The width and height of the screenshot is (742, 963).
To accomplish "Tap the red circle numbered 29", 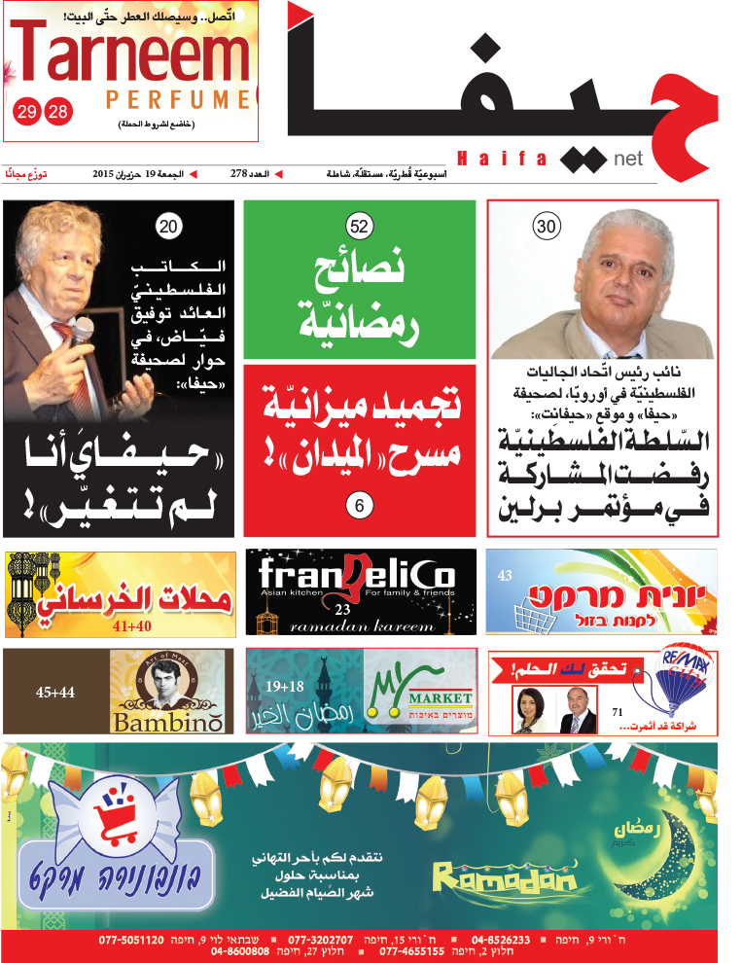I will point(26,111).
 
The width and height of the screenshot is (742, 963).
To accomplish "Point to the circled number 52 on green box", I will point(360,228).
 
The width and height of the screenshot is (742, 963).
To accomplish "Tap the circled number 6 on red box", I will point(360,505).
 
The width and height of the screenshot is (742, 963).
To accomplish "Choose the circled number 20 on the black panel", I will point(169,228).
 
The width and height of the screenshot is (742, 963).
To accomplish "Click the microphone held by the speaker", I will point(82,330).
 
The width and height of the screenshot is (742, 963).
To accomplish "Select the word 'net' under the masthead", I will point(628,159).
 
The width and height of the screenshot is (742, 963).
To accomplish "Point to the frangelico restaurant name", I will point(357,578).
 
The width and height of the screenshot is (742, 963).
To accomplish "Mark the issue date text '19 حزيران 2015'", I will point(127,174).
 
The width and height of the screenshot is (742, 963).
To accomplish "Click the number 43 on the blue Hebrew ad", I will point(504,576).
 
